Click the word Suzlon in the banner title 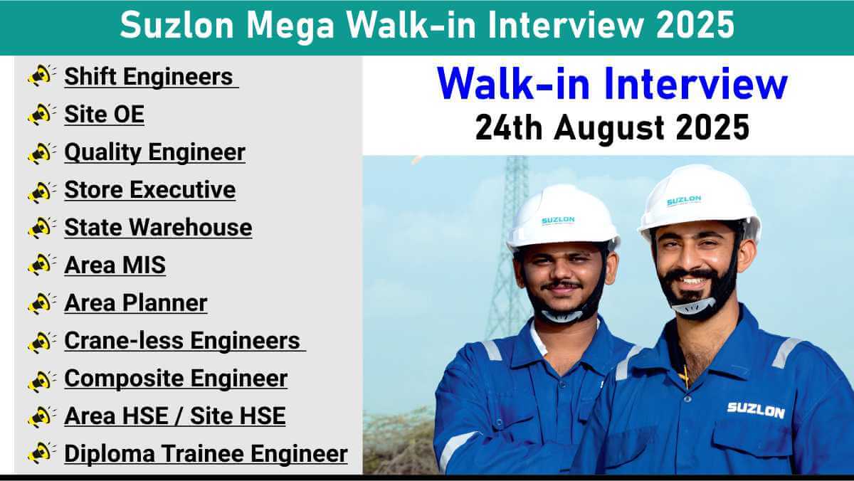click(176, 25)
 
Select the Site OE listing click(105, 114)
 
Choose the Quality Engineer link click(155, 152)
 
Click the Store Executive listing click(150, 189)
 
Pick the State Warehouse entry click(158, 227)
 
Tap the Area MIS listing click(115, 265)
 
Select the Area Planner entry click(136, 302)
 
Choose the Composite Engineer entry click(176, 379)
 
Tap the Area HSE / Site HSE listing click(175, 416)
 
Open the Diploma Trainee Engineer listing click(206, 454)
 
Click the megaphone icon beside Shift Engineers click(41, 75)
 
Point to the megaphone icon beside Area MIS click(41, 265)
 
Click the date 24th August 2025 click(612, 127)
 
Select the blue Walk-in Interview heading click(612, 83)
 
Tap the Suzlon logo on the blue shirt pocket click(756, 410)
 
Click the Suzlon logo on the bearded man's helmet click(684, 200)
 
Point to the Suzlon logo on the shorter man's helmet click(558, 221)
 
